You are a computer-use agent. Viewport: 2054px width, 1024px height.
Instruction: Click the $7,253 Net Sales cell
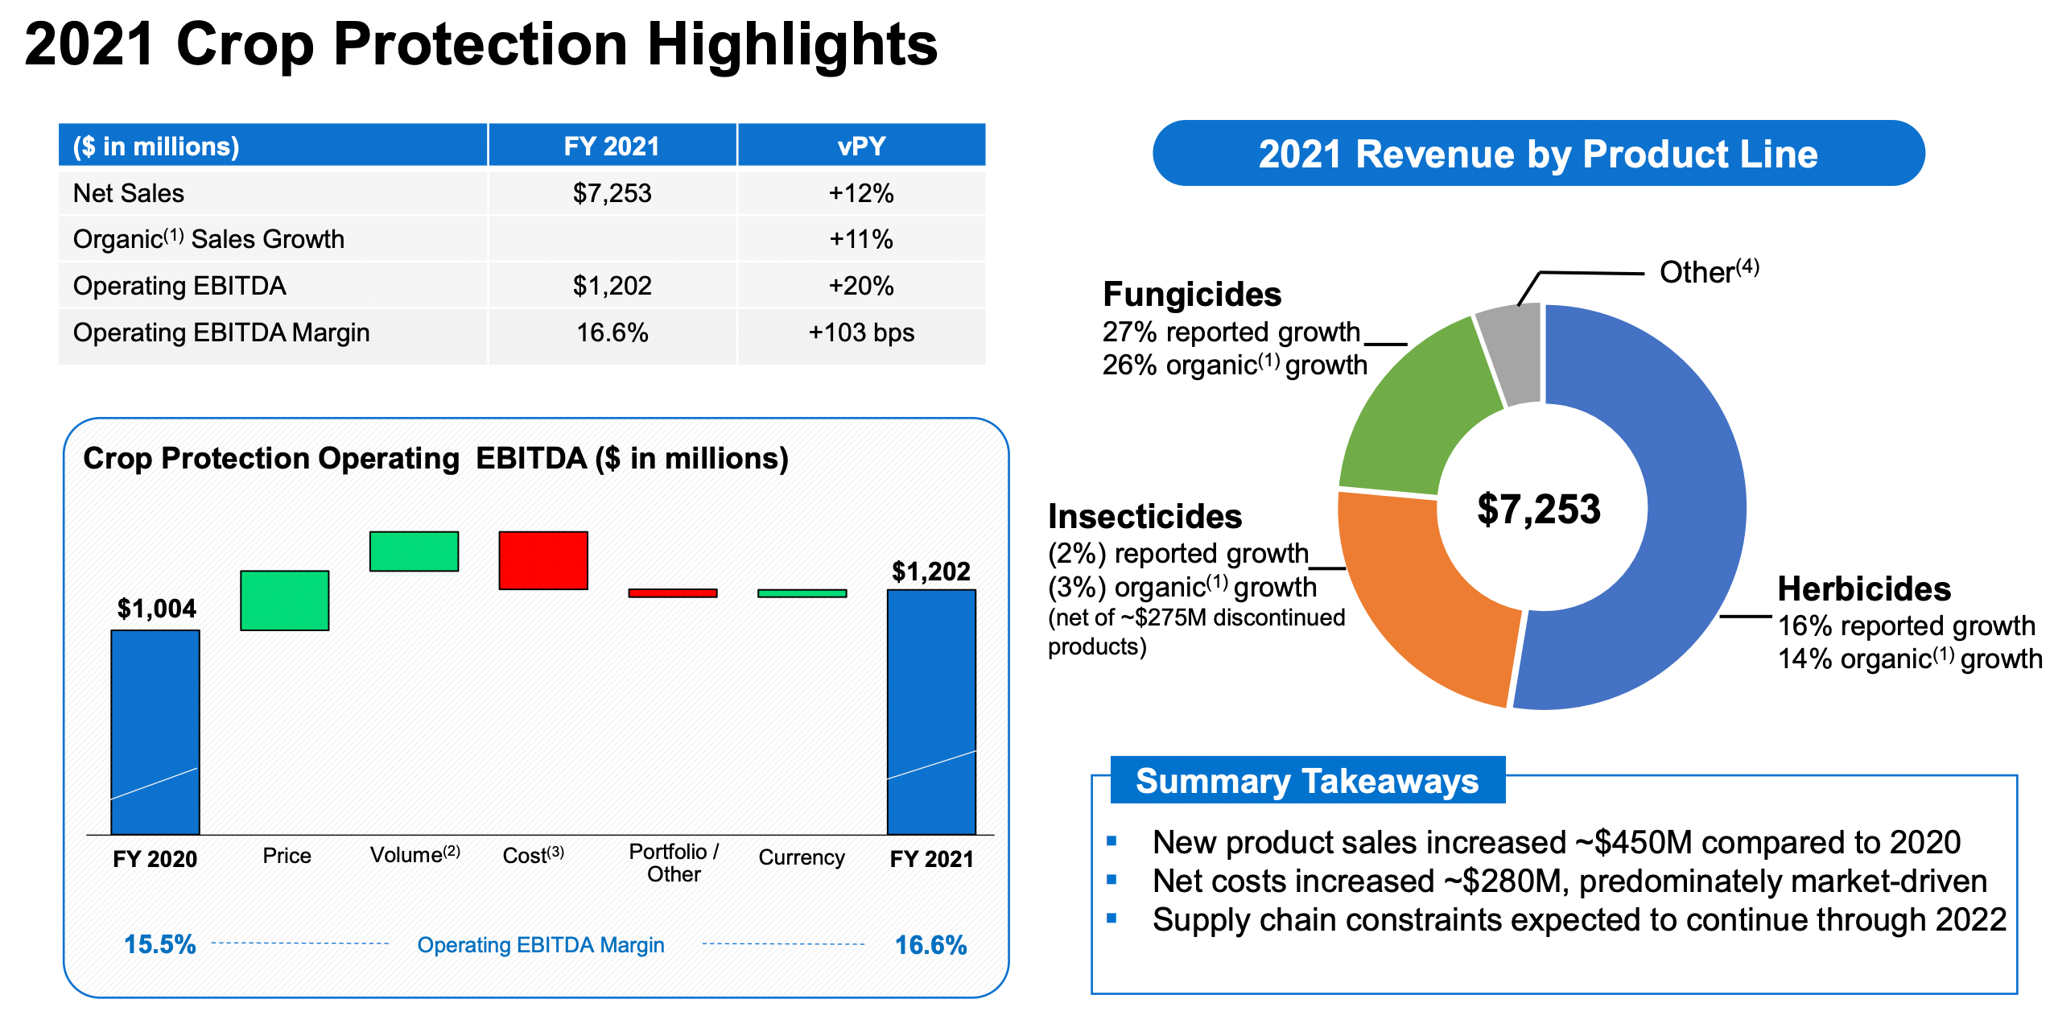point(612,193)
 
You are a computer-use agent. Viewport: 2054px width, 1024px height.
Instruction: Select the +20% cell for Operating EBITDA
point(860,286)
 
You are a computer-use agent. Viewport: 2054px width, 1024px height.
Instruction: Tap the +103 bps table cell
point(860,332)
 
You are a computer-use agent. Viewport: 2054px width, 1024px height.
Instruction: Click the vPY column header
point(860,147)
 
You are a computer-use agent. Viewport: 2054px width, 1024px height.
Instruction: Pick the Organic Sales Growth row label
point(208,239)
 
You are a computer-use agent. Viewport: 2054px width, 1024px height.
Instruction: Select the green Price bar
point(284,601)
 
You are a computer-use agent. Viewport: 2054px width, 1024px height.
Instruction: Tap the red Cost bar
point(543,560)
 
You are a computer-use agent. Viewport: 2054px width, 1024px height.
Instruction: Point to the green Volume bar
point(414,551)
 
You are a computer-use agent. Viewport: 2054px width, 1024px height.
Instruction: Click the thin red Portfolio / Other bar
point(672,593)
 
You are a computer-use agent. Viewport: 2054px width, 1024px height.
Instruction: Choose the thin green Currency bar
point(802,593)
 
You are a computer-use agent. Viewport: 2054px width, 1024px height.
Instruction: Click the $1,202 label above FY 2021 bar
point(930,572)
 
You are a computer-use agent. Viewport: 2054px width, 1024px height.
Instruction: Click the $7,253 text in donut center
point(1538,509)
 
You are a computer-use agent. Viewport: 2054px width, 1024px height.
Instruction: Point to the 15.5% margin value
point(159,944)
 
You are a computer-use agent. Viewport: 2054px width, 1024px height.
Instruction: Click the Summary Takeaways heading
point(1306,781)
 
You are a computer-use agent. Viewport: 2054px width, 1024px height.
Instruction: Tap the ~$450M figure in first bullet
point(1634,842)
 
